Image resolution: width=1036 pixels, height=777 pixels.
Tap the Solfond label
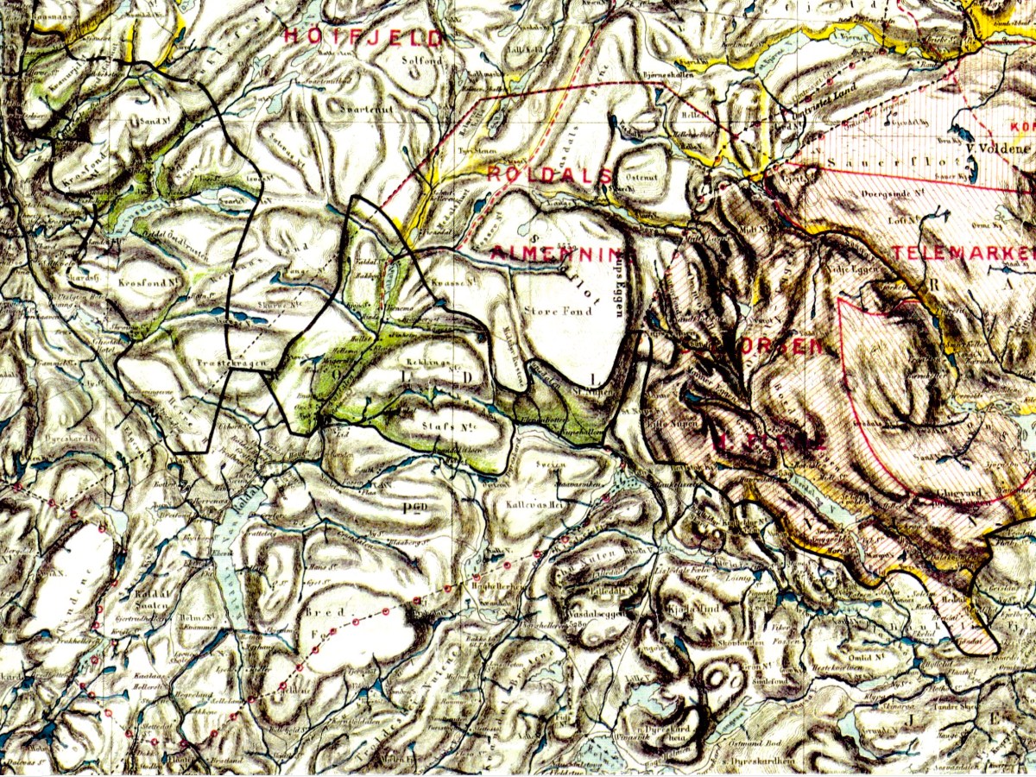(x=421, y=61)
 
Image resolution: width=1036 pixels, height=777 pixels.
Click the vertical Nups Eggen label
(x=619, y=285)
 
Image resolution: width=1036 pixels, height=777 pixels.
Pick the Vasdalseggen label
(x=592, y=616)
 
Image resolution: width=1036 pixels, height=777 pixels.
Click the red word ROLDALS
(x=550, y=173)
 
